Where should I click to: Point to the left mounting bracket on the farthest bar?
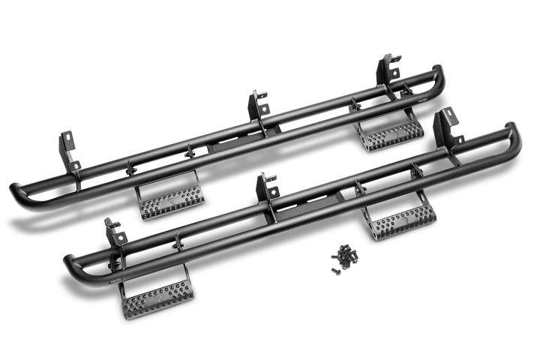(68, 151)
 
